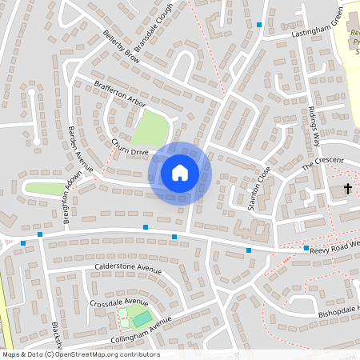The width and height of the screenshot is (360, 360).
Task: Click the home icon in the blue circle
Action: (179, 172)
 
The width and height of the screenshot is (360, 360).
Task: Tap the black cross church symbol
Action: (348, 189)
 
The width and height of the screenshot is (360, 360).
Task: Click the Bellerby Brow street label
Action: (122, 50)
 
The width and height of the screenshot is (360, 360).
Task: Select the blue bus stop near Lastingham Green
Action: (259, 25)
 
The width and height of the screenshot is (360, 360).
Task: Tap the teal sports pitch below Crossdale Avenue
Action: (142, 318)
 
